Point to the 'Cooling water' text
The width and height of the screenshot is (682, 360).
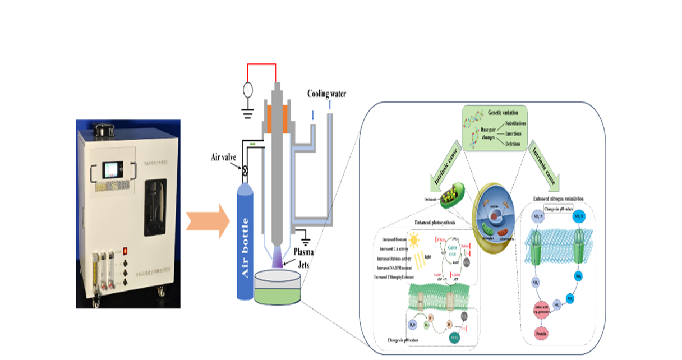click(x=326, y=94)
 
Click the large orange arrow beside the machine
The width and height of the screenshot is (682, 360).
click(x=209, y=221)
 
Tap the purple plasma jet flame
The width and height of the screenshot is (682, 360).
click(x=278, y=257)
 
